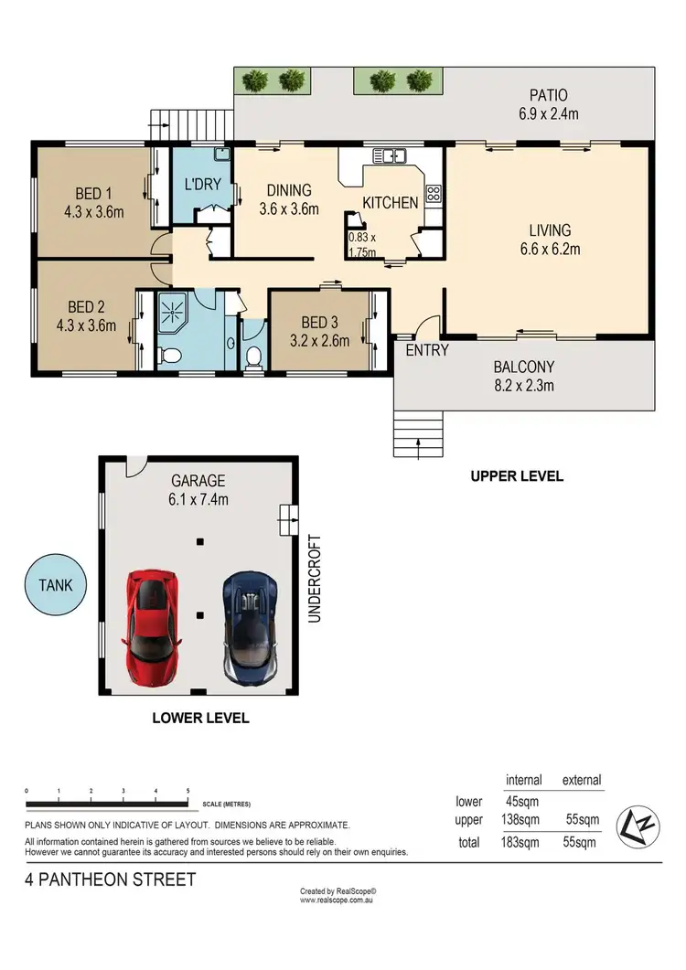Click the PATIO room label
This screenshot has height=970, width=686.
point(548,95)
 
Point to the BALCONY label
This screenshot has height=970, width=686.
point(524,368)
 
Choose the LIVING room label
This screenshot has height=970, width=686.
point(549,230)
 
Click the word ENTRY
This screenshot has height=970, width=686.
point(427,350)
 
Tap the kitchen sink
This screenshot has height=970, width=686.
point(395,156)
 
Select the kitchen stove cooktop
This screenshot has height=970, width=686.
point(434,195)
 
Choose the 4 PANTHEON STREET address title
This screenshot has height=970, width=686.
point(111,880)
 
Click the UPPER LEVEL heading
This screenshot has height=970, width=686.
point(517,476)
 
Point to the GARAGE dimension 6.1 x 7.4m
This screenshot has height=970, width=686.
point(198,499)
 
